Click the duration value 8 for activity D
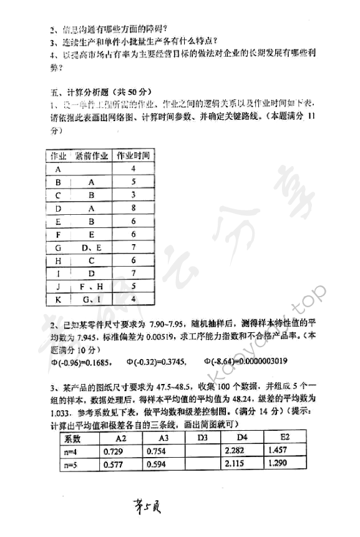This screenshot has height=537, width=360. [x=133, y=208]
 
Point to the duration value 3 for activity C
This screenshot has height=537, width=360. [x=133, y=195]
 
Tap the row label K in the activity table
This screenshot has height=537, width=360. [x=58, y=300]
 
